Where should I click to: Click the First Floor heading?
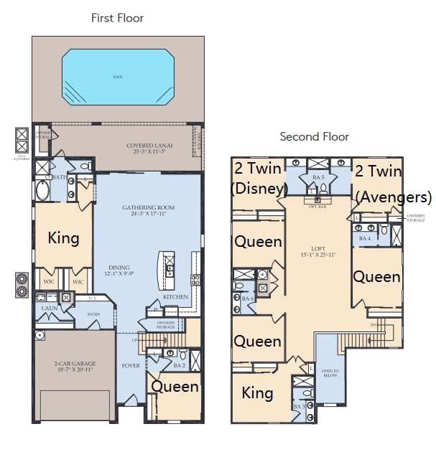[x=117, y=18]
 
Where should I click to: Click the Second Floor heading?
[x=314, y=136]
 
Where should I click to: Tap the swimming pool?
[x=118, y=76]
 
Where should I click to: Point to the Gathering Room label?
[x=148, y=211]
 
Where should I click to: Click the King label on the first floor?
[x=63, y=237]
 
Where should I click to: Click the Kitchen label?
[x=175, y=296]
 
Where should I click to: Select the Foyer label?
[x=131, y=365]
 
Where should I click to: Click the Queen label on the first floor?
[x=174, y=387]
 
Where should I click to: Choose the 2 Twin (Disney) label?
[x=259, y=178]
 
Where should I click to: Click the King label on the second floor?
[x=257, y=392]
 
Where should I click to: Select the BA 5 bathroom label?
[x=318, y=176]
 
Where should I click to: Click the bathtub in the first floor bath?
[x=42, y=191]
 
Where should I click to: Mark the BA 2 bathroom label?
[x=180, y=365]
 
